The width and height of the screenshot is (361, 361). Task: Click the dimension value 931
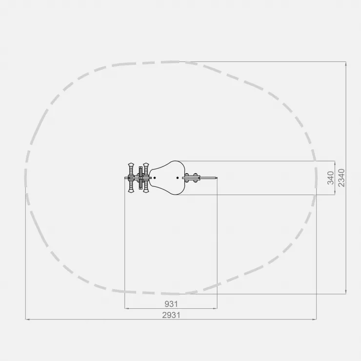point(171,304)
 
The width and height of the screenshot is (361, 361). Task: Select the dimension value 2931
point(171,315)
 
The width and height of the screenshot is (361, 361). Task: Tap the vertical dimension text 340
point(331,178)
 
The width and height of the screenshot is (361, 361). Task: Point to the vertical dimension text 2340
point(341,178)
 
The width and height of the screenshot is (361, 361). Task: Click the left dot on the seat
point(155,178)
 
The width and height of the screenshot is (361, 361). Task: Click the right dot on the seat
point(178,178)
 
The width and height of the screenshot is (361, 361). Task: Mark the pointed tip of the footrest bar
point(217,178)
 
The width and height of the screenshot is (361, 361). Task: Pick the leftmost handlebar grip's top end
point(131,163)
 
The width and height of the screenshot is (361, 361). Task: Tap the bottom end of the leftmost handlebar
point(131,192)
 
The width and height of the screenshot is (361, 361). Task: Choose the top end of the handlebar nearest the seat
point(146,163)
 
